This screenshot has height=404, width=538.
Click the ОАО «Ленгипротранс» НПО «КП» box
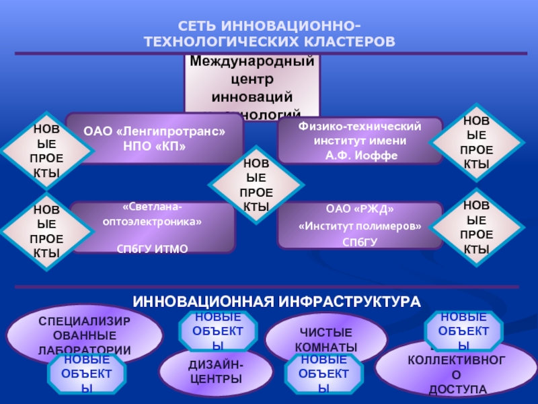coord(154,139)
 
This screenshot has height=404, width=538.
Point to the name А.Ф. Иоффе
coord(360,156)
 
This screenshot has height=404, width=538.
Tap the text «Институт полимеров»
coord(360,226)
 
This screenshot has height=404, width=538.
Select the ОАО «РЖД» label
coord(360,209)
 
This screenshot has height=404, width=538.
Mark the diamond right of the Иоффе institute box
coord(476,143)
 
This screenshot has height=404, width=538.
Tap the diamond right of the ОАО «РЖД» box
coord(476,227)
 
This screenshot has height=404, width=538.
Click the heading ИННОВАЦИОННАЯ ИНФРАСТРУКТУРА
coord(276,300)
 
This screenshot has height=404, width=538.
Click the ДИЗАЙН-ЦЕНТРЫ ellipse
coord(216,372)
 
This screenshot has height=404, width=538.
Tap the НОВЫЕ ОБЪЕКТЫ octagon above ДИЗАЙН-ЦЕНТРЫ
coord(217,330)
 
